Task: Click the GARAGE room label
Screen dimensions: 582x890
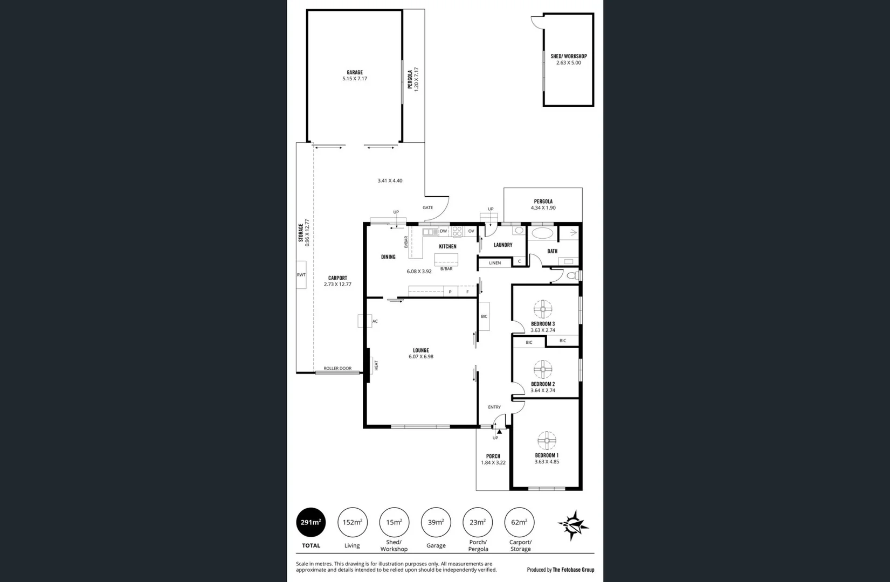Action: tap(354, 72)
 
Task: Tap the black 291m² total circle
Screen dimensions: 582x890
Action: tap(311, 522)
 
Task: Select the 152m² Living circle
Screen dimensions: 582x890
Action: tap(353, 522)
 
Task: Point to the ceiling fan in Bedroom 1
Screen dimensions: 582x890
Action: tap(547, 440)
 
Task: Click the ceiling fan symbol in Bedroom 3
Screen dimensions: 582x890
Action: tap(543, 309)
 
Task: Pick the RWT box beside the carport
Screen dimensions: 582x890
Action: tap(301, 275)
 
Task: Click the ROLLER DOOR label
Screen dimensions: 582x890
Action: tap(337, 369)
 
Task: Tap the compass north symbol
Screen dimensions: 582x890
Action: tap(573, 524)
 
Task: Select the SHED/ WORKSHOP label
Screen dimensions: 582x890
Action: tap(569, 56)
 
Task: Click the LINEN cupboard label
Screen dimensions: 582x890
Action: tap(495, 263)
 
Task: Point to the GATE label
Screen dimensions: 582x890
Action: tap(427, 207)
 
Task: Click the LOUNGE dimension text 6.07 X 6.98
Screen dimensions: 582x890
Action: tap(421, 357)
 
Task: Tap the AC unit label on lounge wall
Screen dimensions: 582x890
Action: tap(375, 321)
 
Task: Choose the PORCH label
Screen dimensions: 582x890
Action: tap(493, 456)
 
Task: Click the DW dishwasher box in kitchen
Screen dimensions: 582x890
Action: tap(443, 231)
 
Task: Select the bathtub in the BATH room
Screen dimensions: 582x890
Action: tap(542, 233)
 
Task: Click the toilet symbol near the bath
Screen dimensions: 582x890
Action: tap(571, 275)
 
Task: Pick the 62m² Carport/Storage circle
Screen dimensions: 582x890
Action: tap(519, 522)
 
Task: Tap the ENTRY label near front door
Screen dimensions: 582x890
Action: tap(494, 407)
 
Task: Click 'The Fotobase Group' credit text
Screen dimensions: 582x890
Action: tap(573, 570)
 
